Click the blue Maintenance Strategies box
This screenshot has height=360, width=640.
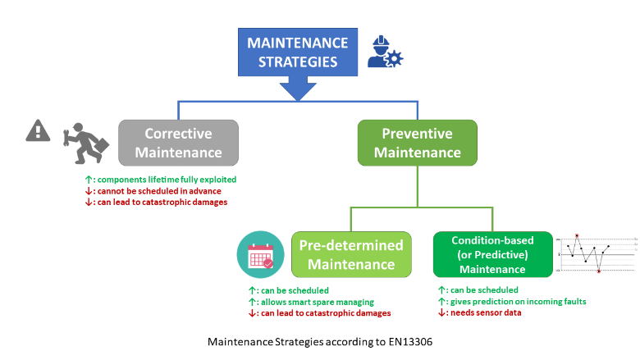(297, 52)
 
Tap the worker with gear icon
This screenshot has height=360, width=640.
(383, 52)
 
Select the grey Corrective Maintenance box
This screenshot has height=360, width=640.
(178, 143)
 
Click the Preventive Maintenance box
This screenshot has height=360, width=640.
(417, 143)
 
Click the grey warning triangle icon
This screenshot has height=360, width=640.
(38, 130)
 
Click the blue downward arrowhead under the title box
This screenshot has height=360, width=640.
(296, 92)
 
